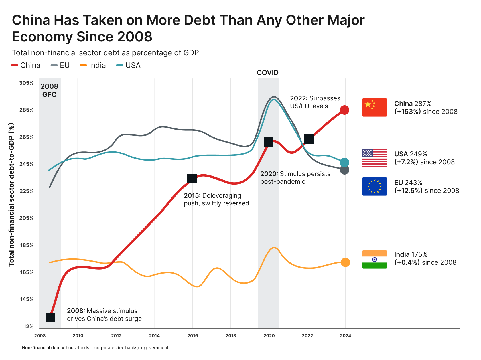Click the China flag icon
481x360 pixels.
point(374,108)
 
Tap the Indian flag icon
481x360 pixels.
point(374,260)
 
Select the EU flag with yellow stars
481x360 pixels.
point(374,187)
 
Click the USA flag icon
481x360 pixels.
point(374,158)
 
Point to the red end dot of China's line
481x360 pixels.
point(344,110)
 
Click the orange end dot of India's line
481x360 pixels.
point(345,262)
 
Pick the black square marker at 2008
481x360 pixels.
point(50,317)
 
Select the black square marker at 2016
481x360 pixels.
point(192,178)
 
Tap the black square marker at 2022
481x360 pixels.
point(309,139)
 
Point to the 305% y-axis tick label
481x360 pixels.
point(26,83)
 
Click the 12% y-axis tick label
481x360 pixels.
point(28,327)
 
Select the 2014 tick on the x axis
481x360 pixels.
point(154,336)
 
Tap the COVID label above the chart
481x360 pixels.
point(267,73)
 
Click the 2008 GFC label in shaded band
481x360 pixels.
point(49,90)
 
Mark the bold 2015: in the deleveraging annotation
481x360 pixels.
point(192,196)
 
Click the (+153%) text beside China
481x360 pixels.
point(407,112)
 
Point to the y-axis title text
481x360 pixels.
point(11,195)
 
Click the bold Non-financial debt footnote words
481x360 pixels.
point(41,348)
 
